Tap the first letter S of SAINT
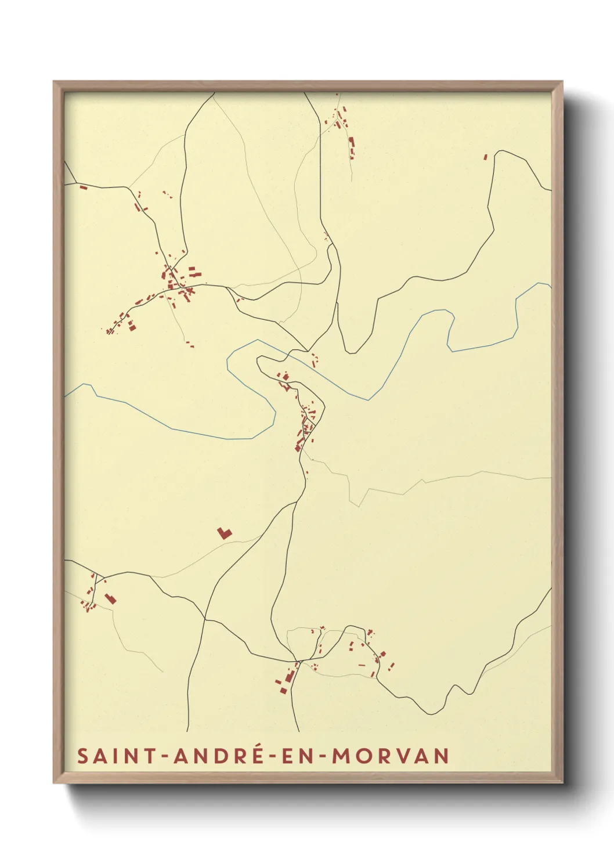coord(82,756)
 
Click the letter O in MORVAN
coord(364,756)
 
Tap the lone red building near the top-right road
coord(486,157)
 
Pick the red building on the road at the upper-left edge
coord(83,187)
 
